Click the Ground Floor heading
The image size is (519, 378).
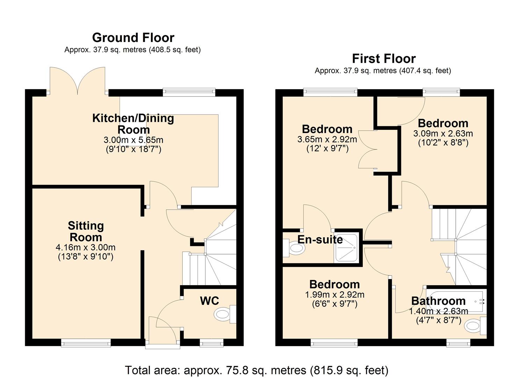tap(133, 37)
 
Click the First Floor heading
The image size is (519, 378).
tap(383, 58)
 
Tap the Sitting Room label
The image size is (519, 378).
tap(86, 231)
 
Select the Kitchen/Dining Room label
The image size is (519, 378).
tap(133, 124)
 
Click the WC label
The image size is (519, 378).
tap(209, 301)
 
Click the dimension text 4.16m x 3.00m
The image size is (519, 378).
tap(86, 247)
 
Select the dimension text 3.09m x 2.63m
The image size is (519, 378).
tap(443, 133)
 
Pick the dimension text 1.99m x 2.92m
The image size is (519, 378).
tap(334, 295)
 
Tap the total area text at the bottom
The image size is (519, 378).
tap(257, 370)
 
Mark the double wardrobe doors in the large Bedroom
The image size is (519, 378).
tap(368, 150)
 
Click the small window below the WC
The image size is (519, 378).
tap(212, 343)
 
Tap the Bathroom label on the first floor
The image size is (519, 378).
tap(438, 301)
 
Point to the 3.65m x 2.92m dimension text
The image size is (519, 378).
tap(327, 139)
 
